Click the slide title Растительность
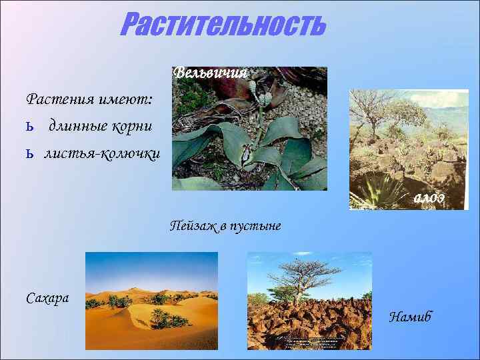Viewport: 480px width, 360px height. point(223,25)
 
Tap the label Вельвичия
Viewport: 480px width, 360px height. point(210,73)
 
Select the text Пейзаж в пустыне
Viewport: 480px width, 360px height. point(225,226)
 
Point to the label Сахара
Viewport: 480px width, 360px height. point(47,297)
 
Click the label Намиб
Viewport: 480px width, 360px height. point(410,317)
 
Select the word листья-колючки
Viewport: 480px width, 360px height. point(102,154)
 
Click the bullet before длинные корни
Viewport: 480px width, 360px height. point(29,126)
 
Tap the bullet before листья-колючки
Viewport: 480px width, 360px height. point(29,155)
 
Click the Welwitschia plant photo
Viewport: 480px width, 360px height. point(249,133)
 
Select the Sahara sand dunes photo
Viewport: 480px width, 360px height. point(151,301)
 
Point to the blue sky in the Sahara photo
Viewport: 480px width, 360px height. point(151,267)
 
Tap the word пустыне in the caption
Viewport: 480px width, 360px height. point(256,226)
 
